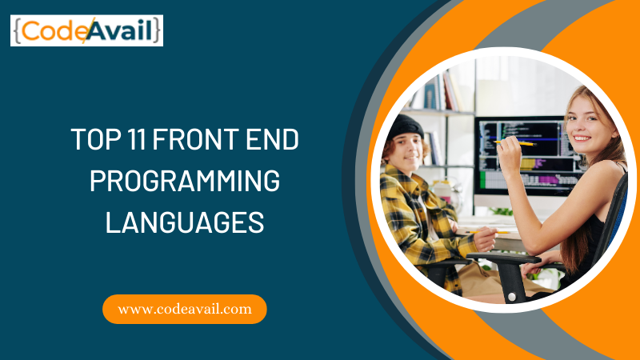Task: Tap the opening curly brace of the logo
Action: (17, 31)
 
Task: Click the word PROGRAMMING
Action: (185, 181)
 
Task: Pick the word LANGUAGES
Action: (185, 222)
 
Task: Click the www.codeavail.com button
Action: (185, 309)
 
